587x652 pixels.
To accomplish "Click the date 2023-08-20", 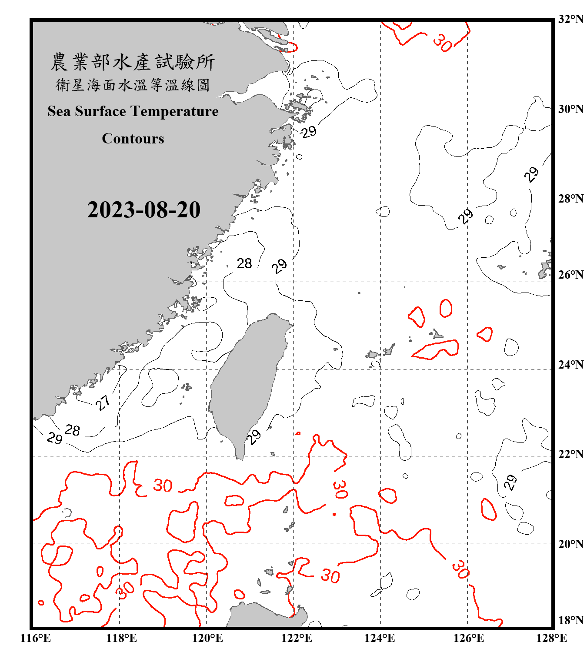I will coord(143,210).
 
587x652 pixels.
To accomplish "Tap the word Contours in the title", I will coord(133,139).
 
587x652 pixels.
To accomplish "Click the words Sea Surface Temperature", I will coord(133,111).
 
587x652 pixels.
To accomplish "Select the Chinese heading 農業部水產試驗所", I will coord(133,62).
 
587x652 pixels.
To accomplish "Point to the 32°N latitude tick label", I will coord(570,19).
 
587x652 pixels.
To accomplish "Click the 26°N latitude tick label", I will coord(570,275).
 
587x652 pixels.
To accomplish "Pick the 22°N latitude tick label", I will coord(570,454).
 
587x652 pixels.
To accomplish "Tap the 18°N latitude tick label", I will coord(570,620).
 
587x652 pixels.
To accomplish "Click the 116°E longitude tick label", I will coord(35,638).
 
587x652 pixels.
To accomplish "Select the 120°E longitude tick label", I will coord(207,638).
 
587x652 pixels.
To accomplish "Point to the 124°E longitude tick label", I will coord(380,638).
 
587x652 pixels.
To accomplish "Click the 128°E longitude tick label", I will coord(551,638).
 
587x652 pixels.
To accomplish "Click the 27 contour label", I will coord(103,403).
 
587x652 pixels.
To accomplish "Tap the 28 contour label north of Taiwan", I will coord(244,263).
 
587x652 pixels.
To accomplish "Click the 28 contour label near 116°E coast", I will coord(72,430).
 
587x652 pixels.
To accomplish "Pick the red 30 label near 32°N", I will coord(442,43).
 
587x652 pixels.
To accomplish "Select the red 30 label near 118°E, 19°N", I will coord(125,590).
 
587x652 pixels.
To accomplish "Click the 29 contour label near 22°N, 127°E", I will coord(510,482).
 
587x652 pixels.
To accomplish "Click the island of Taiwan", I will coord(248,383).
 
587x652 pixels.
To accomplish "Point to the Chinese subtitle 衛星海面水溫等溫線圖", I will coord(133,85).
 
